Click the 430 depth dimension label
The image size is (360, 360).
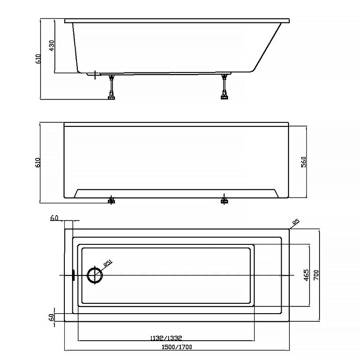tap(52, 45)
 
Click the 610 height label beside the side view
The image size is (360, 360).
tap(38, 59)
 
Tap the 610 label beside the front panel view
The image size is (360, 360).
tap(38, 162)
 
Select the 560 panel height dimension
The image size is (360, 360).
tap(303, 162)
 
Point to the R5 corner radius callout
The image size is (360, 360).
tap(296, 222)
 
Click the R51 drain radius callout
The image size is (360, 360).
tap(108, 263)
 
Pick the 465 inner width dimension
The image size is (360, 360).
tap(306, 275)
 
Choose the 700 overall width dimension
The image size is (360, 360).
tap(316, 275)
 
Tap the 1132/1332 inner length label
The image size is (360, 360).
tap(166, 338)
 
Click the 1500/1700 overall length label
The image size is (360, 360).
tap(177, 347)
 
